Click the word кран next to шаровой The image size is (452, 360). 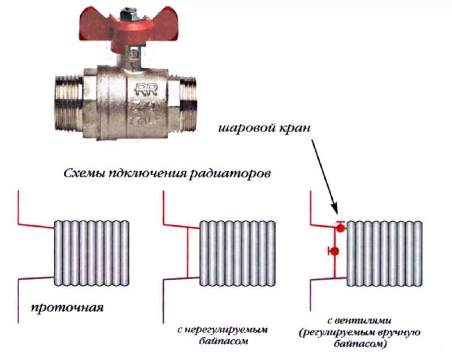point(293,128)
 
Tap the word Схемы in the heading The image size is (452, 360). point(82,174)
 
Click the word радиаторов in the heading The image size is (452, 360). point(240,174)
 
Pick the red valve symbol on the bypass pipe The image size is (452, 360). point(334,250)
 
